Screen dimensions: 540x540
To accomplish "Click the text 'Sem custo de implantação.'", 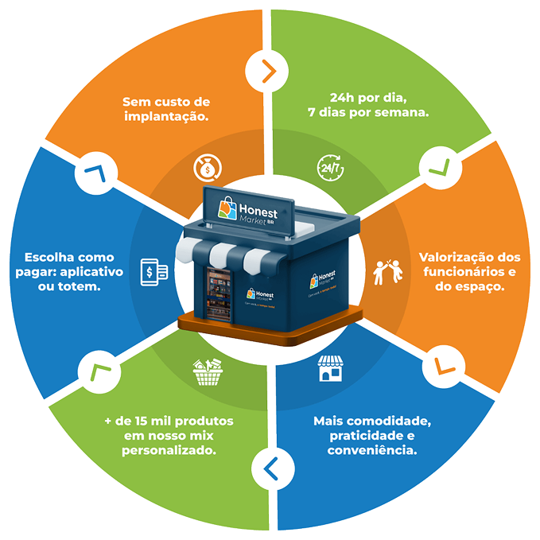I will [x=165, y=109].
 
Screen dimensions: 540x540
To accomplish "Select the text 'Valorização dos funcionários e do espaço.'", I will [x=469, y=272].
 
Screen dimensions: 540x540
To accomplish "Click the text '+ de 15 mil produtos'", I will [x=169, y=421].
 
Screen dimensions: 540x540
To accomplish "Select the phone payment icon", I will [x=153, y=270].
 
